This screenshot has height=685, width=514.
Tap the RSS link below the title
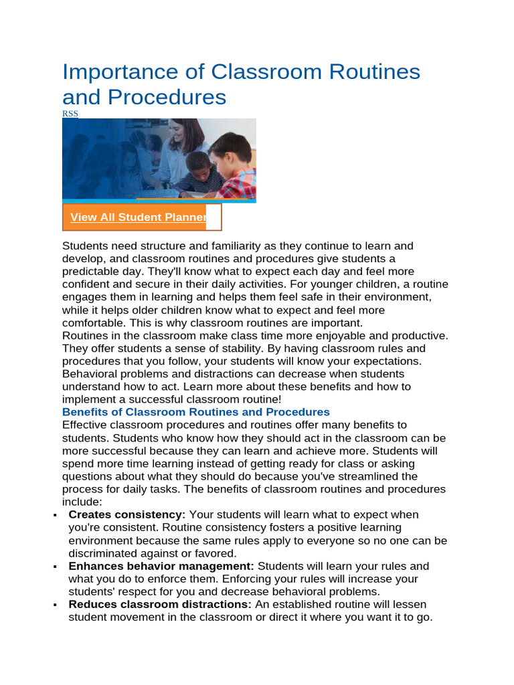(70, 114)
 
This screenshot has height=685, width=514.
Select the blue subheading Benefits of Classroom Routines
(196, 412)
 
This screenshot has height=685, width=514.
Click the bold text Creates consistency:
(126, 515)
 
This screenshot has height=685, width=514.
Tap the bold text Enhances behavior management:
(161, 567)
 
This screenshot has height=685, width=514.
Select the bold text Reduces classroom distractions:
(160, 605)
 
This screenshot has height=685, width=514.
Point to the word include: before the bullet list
(82, 502)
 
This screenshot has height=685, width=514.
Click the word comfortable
(93, 323)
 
